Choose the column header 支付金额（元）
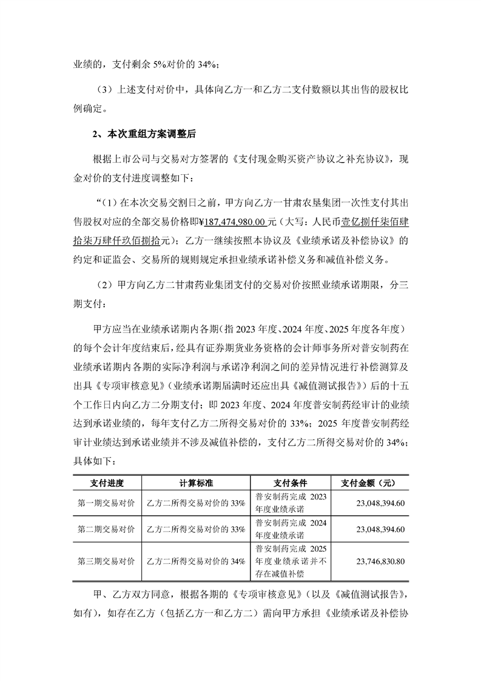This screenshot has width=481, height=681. (369, 483)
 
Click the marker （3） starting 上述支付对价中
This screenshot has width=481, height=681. (106, 89)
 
